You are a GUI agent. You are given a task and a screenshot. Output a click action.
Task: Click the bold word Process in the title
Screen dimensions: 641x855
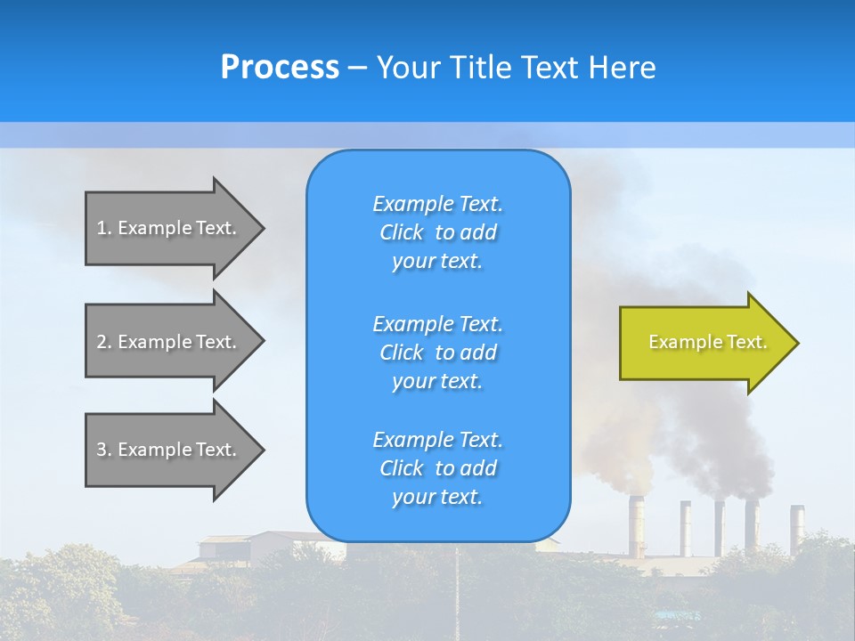[x=280, y=68]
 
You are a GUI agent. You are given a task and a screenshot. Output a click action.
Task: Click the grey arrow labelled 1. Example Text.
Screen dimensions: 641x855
[x=169, y=228]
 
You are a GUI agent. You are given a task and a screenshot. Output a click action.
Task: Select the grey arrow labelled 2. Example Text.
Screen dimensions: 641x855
[x=169, y=342]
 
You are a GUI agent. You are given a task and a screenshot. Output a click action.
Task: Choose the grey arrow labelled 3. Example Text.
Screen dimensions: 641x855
[x=169, y=450]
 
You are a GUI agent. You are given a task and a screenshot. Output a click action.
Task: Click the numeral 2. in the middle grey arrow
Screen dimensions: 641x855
[x=104, y=342]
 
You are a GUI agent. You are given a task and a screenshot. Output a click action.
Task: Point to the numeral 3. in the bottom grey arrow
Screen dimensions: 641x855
[x=104, y=450]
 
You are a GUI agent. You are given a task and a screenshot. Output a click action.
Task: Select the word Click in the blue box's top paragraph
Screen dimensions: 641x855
[x=402, y=233]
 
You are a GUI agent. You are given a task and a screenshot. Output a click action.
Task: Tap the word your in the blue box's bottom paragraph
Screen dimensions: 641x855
[x=412, y=498]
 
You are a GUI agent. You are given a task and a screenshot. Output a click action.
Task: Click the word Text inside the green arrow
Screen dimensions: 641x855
[x=746, y=342]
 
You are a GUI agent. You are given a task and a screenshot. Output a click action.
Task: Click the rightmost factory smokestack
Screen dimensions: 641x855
[x=796, y=525]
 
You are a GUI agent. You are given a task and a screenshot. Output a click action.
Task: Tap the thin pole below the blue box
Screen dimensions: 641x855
[x=457, y=588]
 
